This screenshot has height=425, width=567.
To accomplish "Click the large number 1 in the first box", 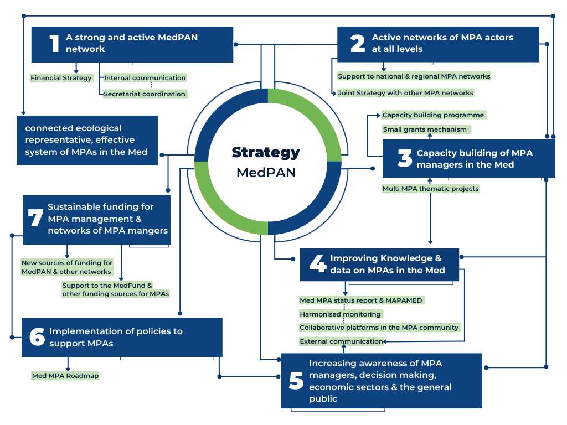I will (54, 44).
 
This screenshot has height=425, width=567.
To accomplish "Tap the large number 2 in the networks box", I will (358, 44).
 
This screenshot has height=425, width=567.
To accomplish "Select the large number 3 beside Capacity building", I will (405, 158).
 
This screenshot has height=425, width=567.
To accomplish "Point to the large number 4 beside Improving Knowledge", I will (317, 265).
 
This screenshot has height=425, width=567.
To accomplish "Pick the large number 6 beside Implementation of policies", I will (37, 337).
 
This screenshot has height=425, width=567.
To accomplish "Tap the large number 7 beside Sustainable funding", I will (35, 218).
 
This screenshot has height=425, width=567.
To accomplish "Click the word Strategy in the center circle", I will (266, 152).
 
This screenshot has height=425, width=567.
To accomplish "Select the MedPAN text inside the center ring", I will (266, 172).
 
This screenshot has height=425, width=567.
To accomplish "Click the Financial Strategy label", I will (61, 78).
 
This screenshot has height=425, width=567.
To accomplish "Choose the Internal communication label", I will (145, 78).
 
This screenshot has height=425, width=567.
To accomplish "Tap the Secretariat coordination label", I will (145, 94).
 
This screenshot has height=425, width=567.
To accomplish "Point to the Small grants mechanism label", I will (426, 129).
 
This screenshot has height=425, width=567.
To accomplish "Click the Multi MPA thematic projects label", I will (431, 189).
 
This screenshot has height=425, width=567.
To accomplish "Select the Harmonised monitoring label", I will (341, 314).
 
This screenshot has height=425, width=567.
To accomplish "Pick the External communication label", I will (341, 341).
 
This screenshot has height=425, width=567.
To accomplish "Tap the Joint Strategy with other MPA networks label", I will (406, 93).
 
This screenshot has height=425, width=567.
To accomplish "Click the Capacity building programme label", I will (434, 115).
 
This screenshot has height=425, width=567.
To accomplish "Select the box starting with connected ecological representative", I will (87, 140).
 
